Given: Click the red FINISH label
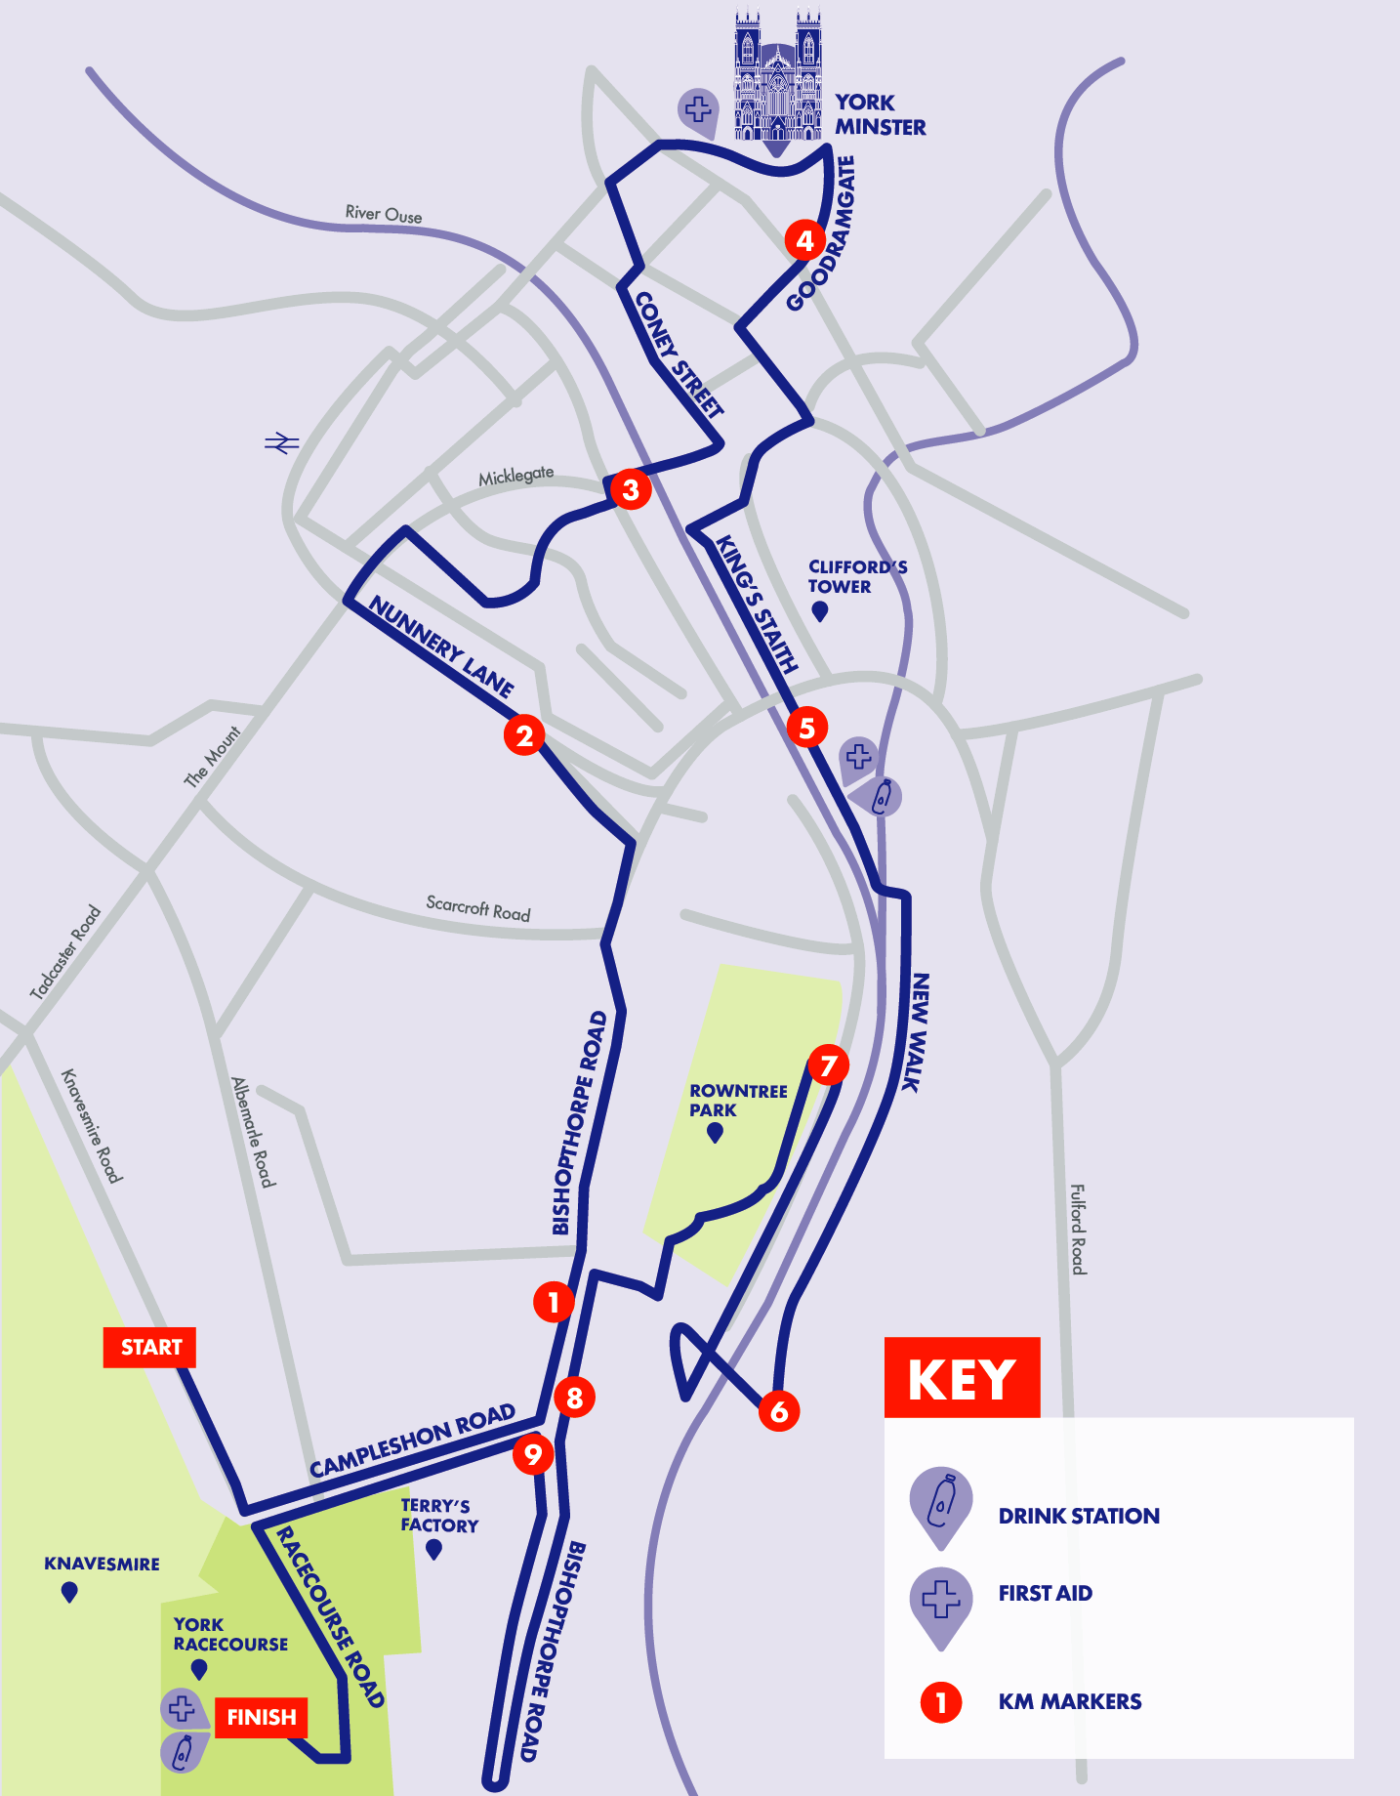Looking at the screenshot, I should point(261,1717).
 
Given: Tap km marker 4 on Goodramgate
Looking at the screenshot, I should point(804,240).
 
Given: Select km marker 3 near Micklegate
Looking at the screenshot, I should point(631,489).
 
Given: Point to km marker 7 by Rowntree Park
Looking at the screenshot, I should point(828,1065).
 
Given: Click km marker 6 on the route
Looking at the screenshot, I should point(779,1410).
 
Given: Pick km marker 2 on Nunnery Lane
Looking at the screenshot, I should point(524,735).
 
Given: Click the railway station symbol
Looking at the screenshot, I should point(281,443).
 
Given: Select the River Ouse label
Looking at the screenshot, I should point(384,214).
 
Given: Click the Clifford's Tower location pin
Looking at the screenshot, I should point(820,610).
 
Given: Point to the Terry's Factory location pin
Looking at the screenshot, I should point(434,1548).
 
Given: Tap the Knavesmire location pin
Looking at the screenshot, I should point(69,1592).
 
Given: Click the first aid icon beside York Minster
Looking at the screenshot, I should point(698,110).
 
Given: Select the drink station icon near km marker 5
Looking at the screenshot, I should point(882,797).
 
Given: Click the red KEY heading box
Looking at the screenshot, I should point(962,1378).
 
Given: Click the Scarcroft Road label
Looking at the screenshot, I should point(478,907).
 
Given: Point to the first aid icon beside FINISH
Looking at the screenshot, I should point(182,1708).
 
